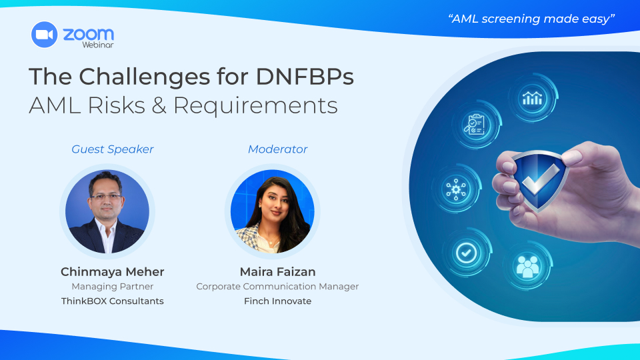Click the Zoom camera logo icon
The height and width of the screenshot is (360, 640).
point(44,35)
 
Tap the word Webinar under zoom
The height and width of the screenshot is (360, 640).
point(98,45)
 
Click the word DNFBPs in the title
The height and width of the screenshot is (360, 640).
point(305,76)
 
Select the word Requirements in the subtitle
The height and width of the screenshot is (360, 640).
point(255,106)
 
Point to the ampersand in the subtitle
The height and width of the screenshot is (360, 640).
point(159,105)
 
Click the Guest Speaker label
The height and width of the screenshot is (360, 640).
point(113,149)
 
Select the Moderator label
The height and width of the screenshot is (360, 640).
point(277,149)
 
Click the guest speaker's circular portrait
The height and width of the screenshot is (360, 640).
point(107,211)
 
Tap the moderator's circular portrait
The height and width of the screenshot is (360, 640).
point(272,211)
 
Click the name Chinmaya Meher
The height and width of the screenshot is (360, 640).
point(112,271)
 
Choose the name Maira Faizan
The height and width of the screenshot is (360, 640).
point(277,271)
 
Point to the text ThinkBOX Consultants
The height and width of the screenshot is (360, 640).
point(112,301)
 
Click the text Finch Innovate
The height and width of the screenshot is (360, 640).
point(277,301)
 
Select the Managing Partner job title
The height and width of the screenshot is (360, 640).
point(112,287)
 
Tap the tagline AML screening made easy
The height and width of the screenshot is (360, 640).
point(531,19)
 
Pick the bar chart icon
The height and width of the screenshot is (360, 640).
point(532,99)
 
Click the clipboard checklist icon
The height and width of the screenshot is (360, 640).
point(475,124)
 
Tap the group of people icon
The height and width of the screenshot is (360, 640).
point(527,266)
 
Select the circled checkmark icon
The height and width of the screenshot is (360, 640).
point(466,253)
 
